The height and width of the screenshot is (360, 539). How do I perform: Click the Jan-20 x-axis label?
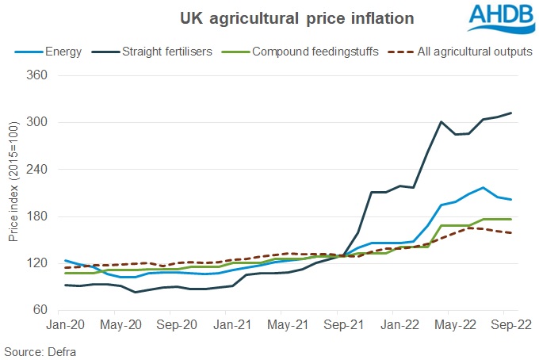pos(65,325)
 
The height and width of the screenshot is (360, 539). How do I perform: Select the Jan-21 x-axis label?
pos(234,325)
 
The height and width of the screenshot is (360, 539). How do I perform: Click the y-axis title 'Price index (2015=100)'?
pos(13,194)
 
